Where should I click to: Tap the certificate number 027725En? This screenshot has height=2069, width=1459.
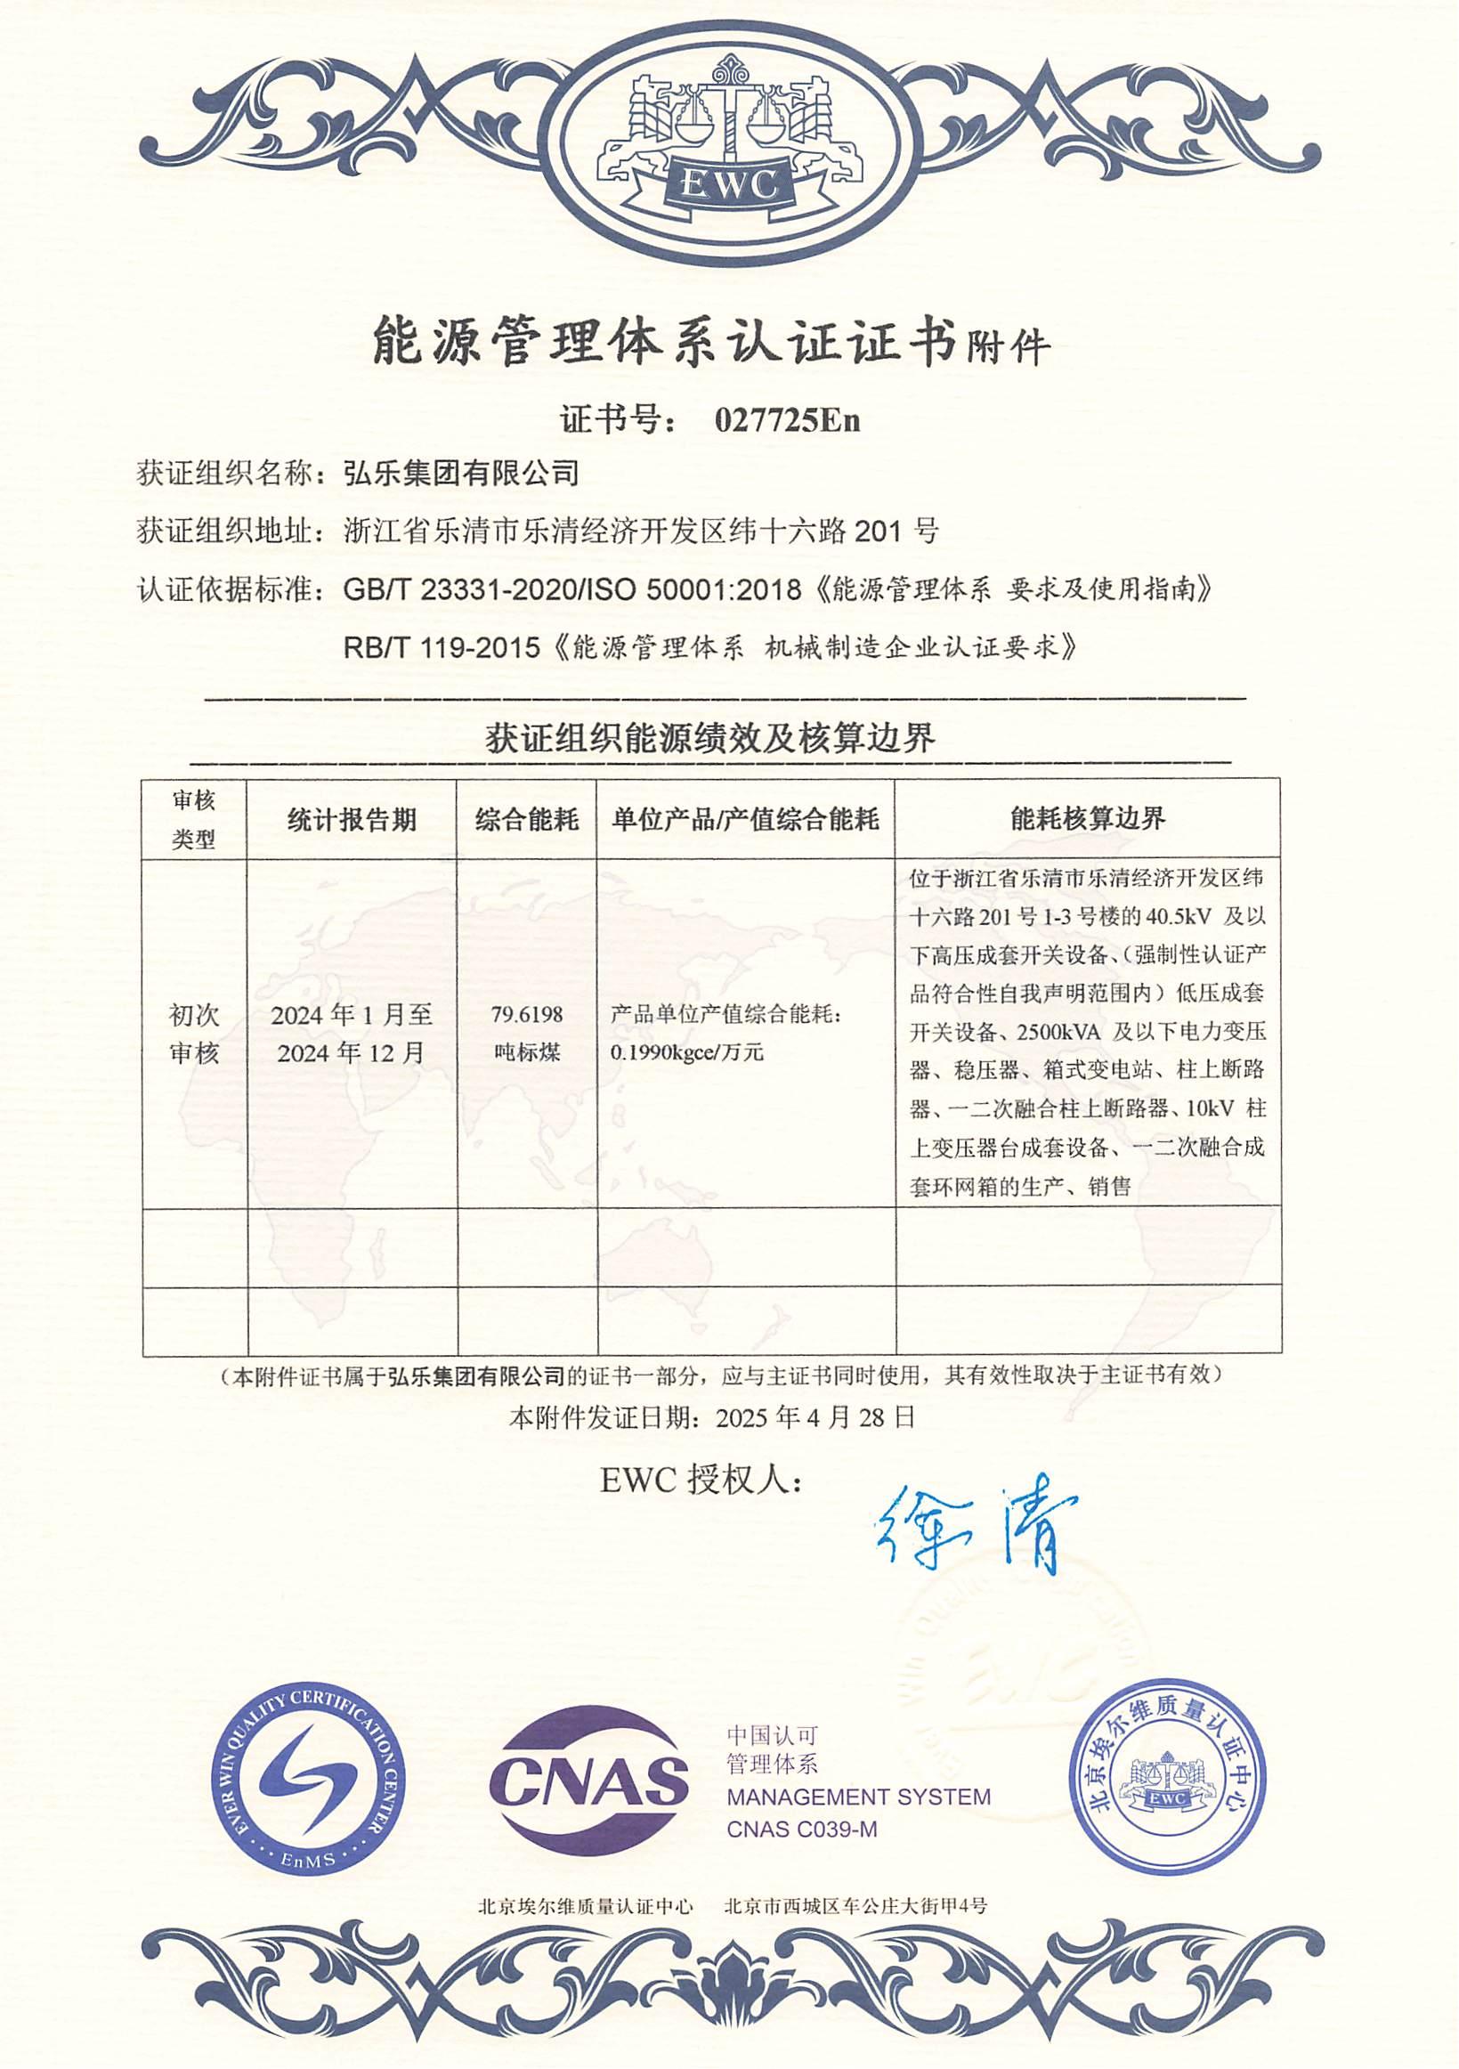click(787, 420)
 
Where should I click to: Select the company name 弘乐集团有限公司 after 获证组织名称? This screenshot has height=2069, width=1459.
click(461, 473)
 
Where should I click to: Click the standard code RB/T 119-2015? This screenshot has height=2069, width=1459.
click(442, 646)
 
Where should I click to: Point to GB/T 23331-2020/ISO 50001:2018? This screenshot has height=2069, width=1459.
click(572, 589)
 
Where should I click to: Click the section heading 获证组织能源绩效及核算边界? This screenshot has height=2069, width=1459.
click(710, 738)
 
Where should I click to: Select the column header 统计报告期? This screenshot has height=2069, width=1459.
click(352, 819)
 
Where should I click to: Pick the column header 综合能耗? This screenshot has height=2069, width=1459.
click(526, 819)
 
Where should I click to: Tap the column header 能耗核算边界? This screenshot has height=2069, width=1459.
click(1088, 818)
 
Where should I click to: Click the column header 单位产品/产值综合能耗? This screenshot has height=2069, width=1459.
click(745, 819)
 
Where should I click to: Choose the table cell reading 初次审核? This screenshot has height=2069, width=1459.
click(194, 1034)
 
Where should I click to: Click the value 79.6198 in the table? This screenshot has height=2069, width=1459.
click(526, 1014)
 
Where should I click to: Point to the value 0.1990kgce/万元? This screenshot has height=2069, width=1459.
click(686, 1052)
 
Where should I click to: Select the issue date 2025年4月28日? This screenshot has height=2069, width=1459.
click(815, 1417)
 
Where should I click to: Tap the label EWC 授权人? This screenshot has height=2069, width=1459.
click(701, 1481)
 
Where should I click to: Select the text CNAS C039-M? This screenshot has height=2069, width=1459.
click(801, 1830)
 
